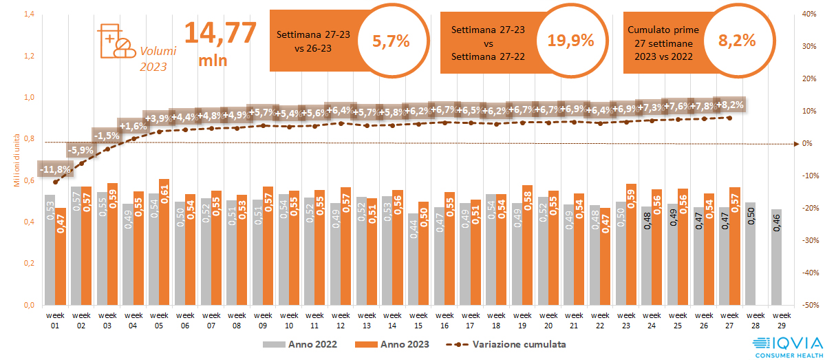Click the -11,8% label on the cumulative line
56,169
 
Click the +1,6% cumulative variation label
133,126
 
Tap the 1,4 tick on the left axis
30,14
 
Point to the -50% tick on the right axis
811,305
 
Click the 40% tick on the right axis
811,14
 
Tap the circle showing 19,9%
570,41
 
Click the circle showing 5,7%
391,41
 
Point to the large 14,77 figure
219,32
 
